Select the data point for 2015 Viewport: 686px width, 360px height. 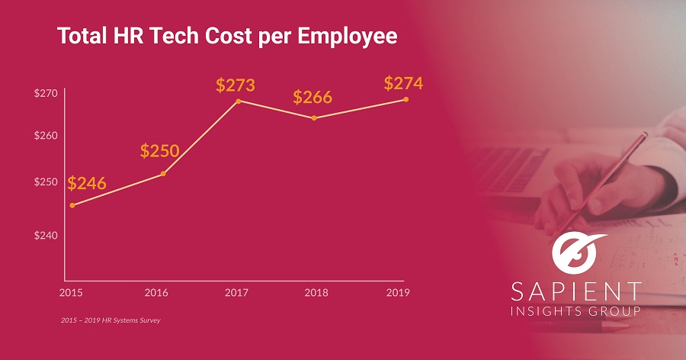[72, 205]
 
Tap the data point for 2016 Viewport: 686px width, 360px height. [164, 174]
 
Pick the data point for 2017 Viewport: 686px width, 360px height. [239, 101]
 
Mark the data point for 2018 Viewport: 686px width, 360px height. [314, 117]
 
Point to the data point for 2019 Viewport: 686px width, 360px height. [406, 99]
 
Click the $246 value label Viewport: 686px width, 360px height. [87, 184]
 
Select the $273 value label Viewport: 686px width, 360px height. [235, 85]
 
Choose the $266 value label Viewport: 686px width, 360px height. [313, 98]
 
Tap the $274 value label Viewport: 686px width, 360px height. [403, 83]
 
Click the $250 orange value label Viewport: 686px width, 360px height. [159, 150]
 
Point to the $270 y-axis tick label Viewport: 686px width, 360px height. [46, 94]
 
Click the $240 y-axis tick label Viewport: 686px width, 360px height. [46, 236]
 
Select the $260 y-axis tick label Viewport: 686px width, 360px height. [46, 136]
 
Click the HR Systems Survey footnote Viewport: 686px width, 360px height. [111, 320]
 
